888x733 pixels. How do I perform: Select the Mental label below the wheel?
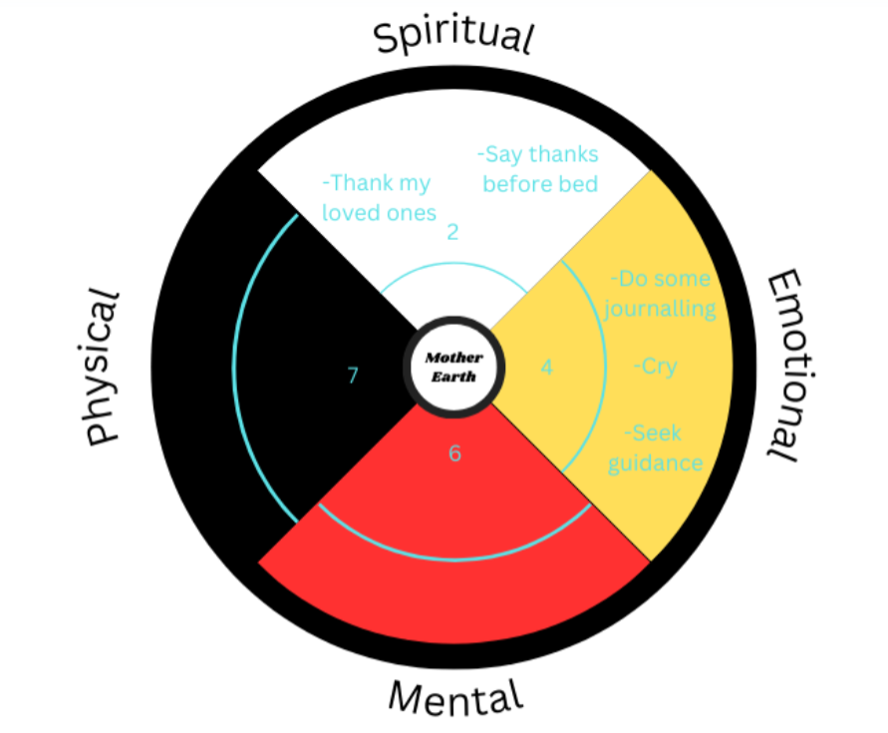[x=454, y=696]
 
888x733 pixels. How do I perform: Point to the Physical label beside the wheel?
[x=104, y=366]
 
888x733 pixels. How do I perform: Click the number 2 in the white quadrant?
[x=452, y=232]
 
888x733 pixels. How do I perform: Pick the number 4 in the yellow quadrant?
[x=546, y=366]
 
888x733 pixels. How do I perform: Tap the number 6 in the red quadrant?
[x=454, y=453]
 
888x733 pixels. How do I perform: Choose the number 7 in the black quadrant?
[x=352, y=374]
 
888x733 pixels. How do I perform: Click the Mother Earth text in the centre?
[x=453, y=366]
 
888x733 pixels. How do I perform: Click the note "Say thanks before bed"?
[x=539, y=169]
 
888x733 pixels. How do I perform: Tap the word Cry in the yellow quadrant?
[x=656, y=366]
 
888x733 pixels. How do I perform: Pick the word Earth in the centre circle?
[x=453, y=376]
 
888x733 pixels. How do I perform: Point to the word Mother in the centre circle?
[x=453, y=358]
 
